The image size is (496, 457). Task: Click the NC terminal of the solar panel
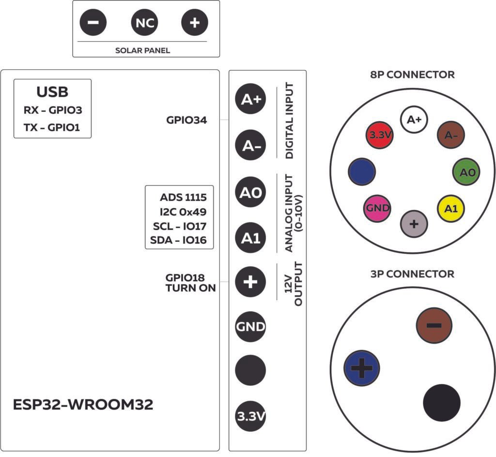pos(144,23)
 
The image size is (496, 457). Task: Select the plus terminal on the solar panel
pos(194,23)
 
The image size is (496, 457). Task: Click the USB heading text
pos(52,92)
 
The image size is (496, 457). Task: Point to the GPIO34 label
pos(186,120)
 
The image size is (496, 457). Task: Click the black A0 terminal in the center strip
pos(250,193)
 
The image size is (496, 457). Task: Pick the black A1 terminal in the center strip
pos(250,237)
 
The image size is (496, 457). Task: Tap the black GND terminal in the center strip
pos(250,327)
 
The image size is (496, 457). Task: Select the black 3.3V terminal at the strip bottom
pos(250,416)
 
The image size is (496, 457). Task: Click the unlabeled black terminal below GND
pos(250,371)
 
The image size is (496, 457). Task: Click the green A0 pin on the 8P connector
pos(467,172)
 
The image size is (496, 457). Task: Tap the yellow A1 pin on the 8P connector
pos(451,208)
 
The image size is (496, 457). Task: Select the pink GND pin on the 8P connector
pos(378,208)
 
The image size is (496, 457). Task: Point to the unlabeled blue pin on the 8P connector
pos(362,172)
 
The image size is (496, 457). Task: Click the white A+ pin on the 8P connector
pos(414,120)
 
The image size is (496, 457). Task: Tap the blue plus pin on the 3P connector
pos(361,367)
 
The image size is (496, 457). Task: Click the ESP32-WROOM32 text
pos(83,405)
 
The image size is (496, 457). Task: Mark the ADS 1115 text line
pos(184,198)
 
